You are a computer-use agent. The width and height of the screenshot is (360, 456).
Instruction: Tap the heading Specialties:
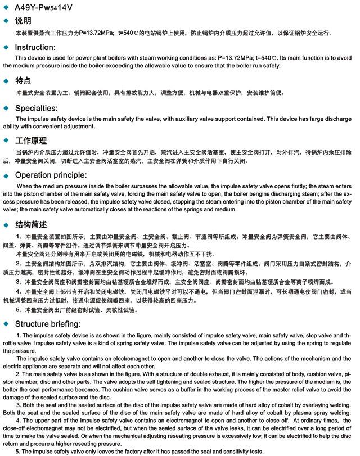36,108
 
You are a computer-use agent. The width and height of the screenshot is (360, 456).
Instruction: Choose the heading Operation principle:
51,175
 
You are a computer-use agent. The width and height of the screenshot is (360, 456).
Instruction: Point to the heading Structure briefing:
47,324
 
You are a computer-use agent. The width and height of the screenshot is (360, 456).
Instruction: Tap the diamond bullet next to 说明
6,21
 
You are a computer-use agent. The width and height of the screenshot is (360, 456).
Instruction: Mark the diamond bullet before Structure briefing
6,324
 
